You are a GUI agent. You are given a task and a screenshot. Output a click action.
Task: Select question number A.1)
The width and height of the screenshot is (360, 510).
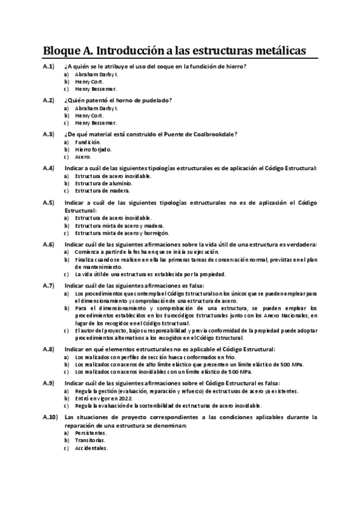[x=49, y=66]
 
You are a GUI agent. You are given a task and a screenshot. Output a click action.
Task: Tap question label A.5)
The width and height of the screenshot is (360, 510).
[x=49, y=203]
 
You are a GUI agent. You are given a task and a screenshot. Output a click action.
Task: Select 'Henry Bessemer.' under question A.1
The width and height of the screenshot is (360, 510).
[x=96, y=89]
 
